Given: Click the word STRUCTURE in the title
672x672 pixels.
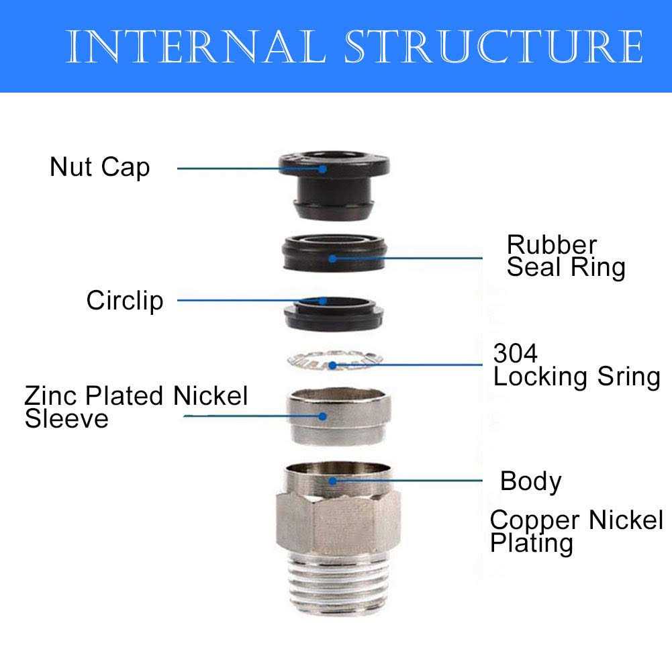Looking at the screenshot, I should [x=493, y=47].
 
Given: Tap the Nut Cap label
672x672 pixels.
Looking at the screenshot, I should [x=99, y=166].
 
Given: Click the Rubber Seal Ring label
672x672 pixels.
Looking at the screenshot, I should [x=565, y=256].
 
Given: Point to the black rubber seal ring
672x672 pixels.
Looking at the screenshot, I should [x=334, y=252].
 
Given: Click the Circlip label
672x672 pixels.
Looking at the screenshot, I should [x=124, y=300].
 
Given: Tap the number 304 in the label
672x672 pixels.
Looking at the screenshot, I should [x=516, y=352].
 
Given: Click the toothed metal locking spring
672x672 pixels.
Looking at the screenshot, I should [x=333, y=363].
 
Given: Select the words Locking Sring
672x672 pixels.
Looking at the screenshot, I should [x=577, y=377].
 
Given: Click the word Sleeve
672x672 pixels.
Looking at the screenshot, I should [x=66, y=419].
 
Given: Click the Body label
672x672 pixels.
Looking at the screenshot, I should [x=530, y=481].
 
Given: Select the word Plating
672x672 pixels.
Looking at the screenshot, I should [x=532, y=543].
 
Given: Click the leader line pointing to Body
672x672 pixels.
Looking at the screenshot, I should [x=416, y=481].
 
